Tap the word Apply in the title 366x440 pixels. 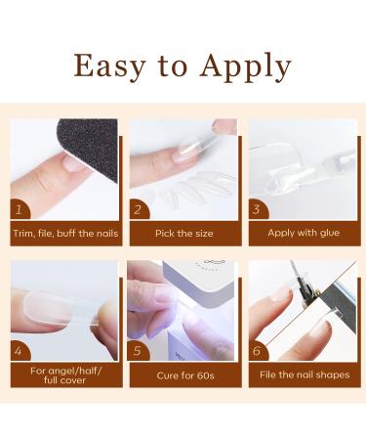pyautogui.click(x=246, y=66)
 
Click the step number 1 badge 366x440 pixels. pyautogui.click(x=20, y=209)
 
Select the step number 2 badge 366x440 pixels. pyautogui.click(x=139, y=209)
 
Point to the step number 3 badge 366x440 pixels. pyautogui.click(x=258, y=209)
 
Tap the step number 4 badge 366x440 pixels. pyautogui.click(x=20, y=351)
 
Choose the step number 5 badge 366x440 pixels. pyautogui.click(x=138, y=351)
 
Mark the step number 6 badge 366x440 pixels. pyautogui.click(x=258, y=351)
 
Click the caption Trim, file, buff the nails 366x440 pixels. pyautogui.click(x=65, y=234)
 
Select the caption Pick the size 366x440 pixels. pyautogui.click(x=184, y=234)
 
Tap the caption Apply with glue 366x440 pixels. pyautogui.click(x=304, y=233)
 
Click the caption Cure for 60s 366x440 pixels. pyautogui.click(x=185, y=375)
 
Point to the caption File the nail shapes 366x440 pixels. pyautogui.click(x=305, y=374)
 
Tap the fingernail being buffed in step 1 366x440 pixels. pyautogui.click(x=74, y=163)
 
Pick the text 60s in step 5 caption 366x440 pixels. pyautogui.click(x=205, y=375)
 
